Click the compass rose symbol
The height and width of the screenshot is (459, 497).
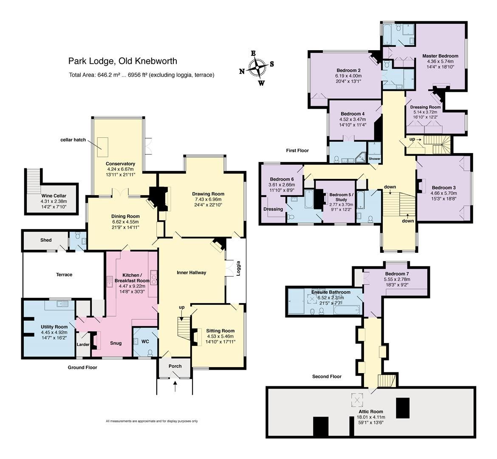point(257,68)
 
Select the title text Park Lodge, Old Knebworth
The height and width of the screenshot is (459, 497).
point(122,61)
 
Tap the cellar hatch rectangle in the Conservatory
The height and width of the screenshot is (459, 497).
point(102,142)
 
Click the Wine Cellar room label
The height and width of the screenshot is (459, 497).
point(51,196)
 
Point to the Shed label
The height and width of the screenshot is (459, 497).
point(46,240)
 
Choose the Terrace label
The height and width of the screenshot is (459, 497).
point(64,275)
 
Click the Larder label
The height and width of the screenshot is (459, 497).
point(83,344)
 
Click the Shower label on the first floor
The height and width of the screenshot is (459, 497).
point(375,159)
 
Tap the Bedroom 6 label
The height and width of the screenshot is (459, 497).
point(281,179)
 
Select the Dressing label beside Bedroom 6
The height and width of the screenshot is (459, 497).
point(273,209)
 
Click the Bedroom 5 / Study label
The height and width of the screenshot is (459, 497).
point(335,198)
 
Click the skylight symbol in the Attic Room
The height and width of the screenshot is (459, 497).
point(356,399)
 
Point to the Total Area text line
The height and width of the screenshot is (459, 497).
point(141,75)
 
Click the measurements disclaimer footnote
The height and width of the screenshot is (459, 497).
point(152,421)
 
